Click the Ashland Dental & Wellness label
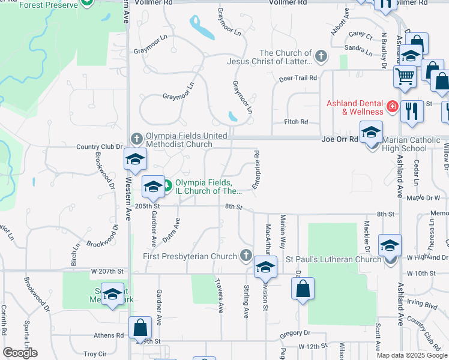tap(355, 107)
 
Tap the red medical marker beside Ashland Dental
tap(392, 107)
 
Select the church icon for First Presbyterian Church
tap(246, 256)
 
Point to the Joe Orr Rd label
tap(340, 139)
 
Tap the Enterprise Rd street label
tap(256, 170)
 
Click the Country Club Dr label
tap(99, 146)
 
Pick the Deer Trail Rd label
tap(297, 78)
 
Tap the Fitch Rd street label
tap(296, 122)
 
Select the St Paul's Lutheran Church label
tap(333, 259)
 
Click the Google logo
tap(20, 353)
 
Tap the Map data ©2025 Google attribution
tap(412, 355)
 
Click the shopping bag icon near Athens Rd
tap(140, 328)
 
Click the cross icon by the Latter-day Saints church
tap(321, 57)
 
